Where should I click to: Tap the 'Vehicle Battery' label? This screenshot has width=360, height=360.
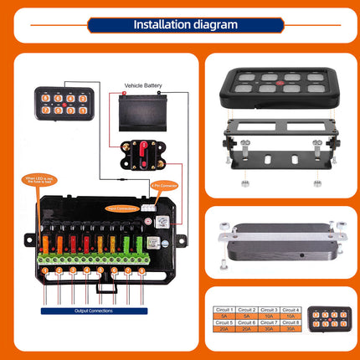(x=142, y=85)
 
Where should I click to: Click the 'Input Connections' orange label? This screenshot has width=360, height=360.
(x=123, y=208)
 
